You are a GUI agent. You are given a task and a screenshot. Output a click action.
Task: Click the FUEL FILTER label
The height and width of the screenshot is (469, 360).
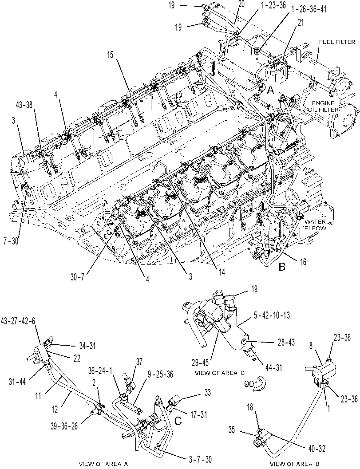point(337,42)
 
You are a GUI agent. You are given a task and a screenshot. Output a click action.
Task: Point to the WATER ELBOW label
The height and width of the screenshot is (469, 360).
point(315,225)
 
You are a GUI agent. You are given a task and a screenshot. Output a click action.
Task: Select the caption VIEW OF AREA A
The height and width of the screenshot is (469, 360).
point(103,464)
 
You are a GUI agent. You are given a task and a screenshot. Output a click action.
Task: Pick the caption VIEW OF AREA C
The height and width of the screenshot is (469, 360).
point(220,373)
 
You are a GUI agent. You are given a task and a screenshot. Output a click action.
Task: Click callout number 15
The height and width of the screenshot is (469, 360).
point(110,55)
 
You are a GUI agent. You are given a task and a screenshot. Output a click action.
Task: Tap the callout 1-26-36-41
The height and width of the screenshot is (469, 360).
point(308,9)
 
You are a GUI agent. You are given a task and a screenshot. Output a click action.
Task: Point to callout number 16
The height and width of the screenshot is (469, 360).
point(303,262)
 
